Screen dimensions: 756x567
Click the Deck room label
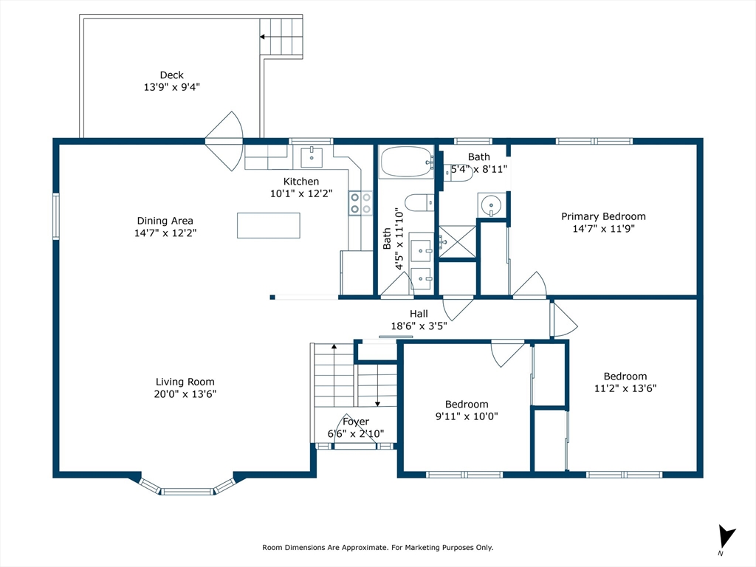(x=171, y=75)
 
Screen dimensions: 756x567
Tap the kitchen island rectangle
(x=269, y=225)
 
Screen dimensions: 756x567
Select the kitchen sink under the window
(x=312, y=157)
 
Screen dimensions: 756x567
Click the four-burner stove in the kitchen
(x=360, y=202)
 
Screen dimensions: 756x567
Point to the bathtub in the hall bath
(x=407, y=162)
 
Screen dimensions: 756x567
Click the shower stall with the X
(x=457, y=241)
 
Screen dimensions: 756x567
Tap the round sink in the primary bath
(x=491, y=205)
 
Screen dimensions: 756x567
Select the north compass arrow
(x=726, y=537)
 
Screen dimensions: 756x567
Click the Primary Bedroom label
(x=603, y=216)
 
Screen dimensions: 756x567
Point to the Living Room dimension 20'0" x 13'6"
(x=185, y=394)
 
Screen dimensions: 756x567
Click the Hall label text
(x=419, y=314)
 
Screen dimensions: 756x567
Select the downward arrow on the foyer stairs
(x=377, y=385)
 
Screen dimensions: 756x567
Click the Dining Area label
(x=165, y=221)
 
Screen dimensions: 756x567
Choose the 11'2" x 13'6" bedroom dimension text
(x=625, y=388)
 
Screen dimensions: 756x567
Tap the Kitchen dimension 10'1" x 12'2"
(x=301, y=193)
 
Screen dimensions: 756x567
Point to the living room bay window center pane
(x=187, y=492)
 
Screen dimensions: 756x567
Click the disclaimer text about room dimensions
(x=377, y=547)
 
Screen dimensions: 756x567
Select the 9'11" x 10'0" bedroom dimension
(x=467, y=416)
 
